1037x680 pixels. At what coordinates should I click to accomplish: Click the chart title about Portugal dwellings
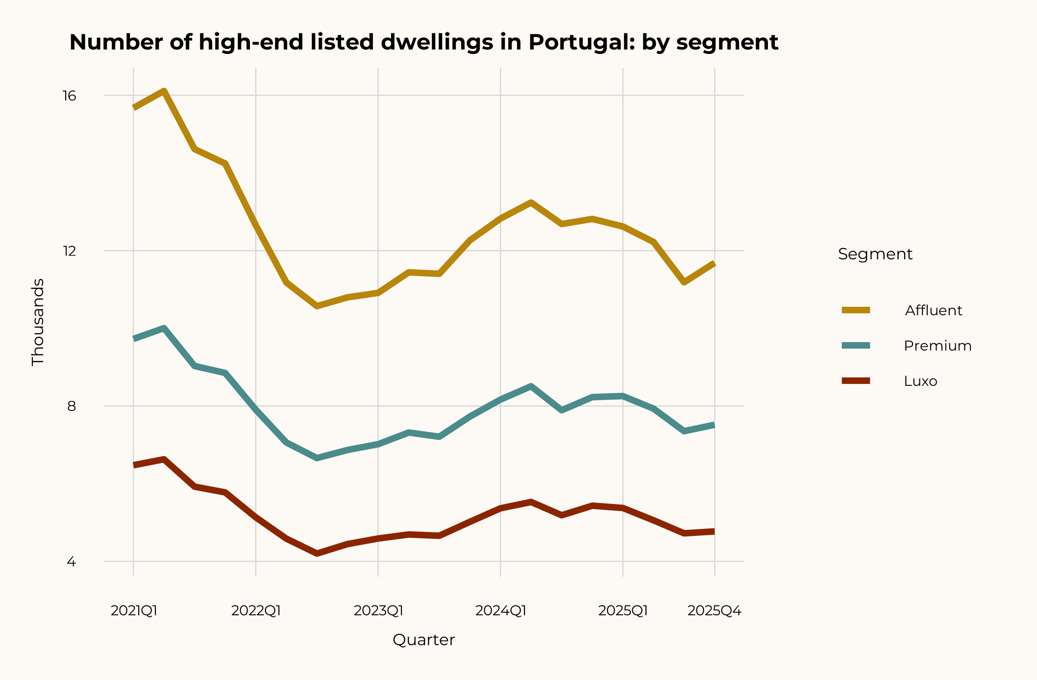click(x=423, y=42)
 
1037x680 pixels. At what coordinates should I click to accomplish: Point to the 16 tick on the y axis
click(x=70, y=96)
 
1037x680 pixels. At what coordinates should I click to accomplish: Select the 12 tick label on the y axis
click(x=70, y=251)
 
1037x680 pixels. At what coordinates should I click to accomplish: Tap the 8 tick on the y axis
click(x=72, y=406)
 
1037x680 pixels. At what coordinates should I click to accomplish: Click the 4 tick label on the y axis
click(x=72, y=562)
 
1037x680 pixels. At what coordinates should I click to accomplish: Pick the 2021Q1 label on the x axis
click(x=134, y=611)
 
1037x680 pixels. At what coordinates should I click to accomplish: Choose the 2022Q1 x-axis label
click(x=256, y=611)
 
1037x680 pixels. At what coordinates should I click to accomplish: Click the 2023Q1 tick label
click(x=378, y=611)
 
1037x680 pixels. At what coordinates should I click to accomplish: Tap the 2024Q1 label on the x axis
click(x=501, y=611)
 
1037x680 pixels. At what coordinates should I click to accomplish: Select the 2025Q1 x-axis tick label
click(x=623, y=611)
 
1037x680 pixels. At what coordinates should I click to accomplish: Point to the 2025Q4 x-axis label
click(x=715, y=611)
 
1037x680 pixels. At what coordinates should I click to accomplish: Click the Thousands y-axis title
click(x=38, y=322)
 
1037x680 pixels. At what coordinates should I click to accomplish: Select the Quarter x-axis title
click(x=424, y=640)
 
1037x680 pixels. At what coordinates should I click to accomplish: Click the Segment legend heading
click(x=875, y=254)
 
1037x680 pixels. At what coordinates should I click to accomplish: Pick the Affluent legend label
click(x=934, y=310)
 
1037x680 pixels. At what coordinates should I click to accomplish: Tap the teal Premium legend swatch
click(x=856, y=346)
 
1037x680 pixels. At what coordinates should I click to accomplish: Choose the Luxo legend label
click(x=920, y=381)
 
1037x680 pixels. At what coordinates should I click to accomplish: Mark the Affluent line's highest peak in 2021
click(x=164, y=91)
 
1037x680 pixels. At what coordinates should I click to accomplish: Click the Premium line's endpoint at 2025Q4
click(x=714, y=426)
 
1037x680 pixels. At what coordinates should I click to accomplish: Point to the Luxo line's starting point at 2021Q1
click(x=134, y=465)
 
